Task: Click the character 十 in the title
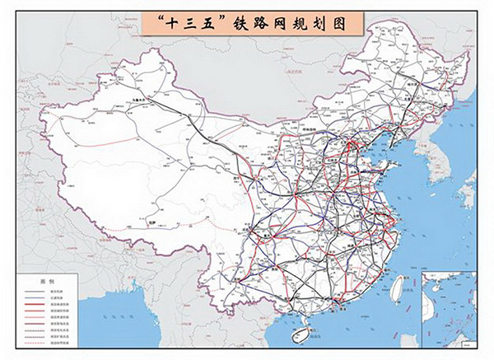[170, 22]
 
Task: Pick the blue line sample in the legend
[34, 298]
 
